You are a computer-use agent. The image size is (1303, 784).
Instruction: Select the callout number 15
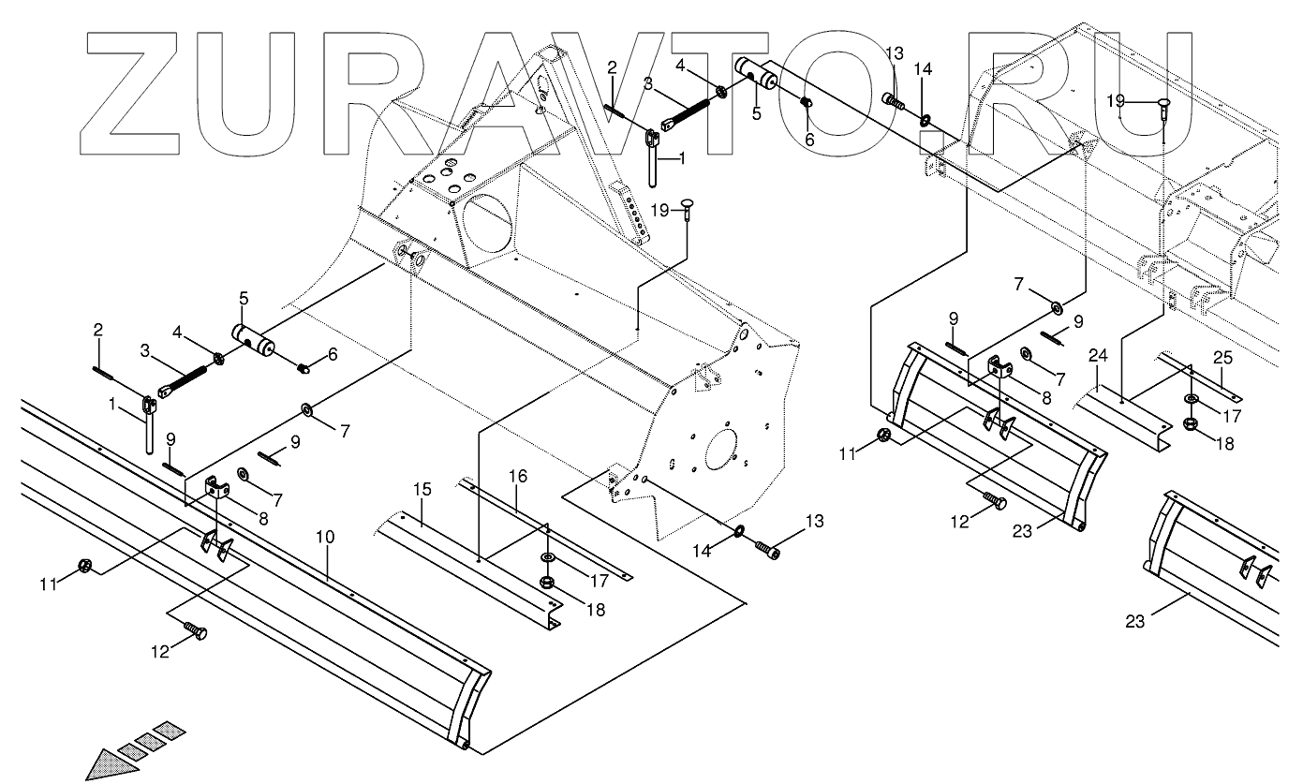point(422,489)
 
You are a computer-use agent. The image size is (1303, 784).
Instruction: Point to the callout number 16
point(518,477)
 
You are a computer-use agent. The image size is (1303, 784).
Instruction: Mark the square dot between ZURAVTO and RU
point(930,141)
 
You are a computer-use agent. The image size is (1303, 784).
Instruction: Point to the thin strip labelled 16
point(553,529)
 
